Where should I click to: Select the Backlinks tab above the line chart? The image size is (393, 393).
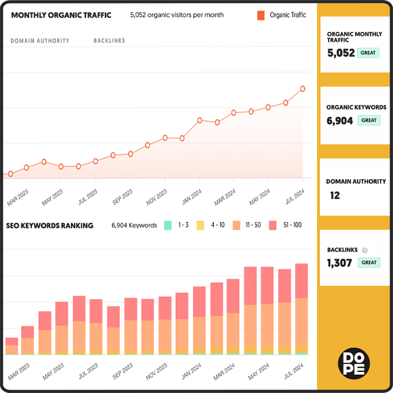pyautogui.click(x=109, y=41)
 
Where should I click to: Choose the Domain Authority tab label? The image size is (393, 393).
pyautogui.click(x=40, y=41)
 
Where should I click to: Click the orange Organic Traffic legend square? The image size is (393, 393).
pyautogui.click(x=260, y=15)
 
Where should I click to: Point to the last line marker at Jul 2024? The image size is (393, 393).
pyautogui.click(x=303, y=89)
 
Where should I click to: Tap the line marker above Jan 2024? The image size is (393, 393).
pyautogui.click(x=200, y=120)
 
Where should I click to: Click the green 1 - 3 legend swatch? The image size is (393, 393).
pyautogui.click(x=168, y=225)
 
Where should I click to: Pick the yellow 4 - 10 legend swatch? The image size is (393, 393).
pyautogui.click(x=200, y=225)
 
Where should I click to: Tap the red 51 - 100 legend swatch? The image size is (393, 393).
pyautogui.click(x=273, y=225)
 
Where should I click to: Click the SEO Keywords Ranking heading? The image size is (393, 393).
pyautogui.click(x=49, y=226)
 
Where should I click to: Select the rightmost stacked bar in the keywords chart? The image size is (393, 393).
pyautogui.click(x=302, y=309)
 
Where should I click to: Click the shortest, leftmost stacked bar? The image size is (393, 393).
pyautogui.click(x=11, y=346)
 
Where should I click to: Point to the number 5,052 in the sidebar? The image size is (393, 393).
pyautogui.click(x=341, y=53)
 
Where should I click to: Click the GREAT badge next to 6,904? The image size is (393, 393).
pyautogui.click(x=369, y=120)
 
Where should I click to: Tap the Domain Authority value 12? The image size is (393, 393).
pyautogui.click(x=335, y=195)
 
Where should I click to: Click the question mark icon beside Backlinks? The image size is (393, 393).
pyautogui.click(x=364, y=250)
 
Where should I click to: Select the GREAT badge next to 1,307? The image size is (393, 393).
pyautogui.click(x=369, y=263)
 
